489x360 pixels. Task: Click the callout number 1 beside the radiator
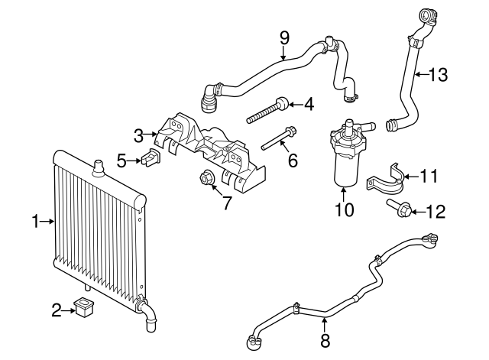coord(35,222)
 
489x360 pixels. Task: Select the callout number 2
coord(56,310)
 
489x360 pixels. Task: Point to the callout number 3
coord(138,136)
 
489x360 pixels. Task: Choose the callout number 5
coord(121,160)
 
